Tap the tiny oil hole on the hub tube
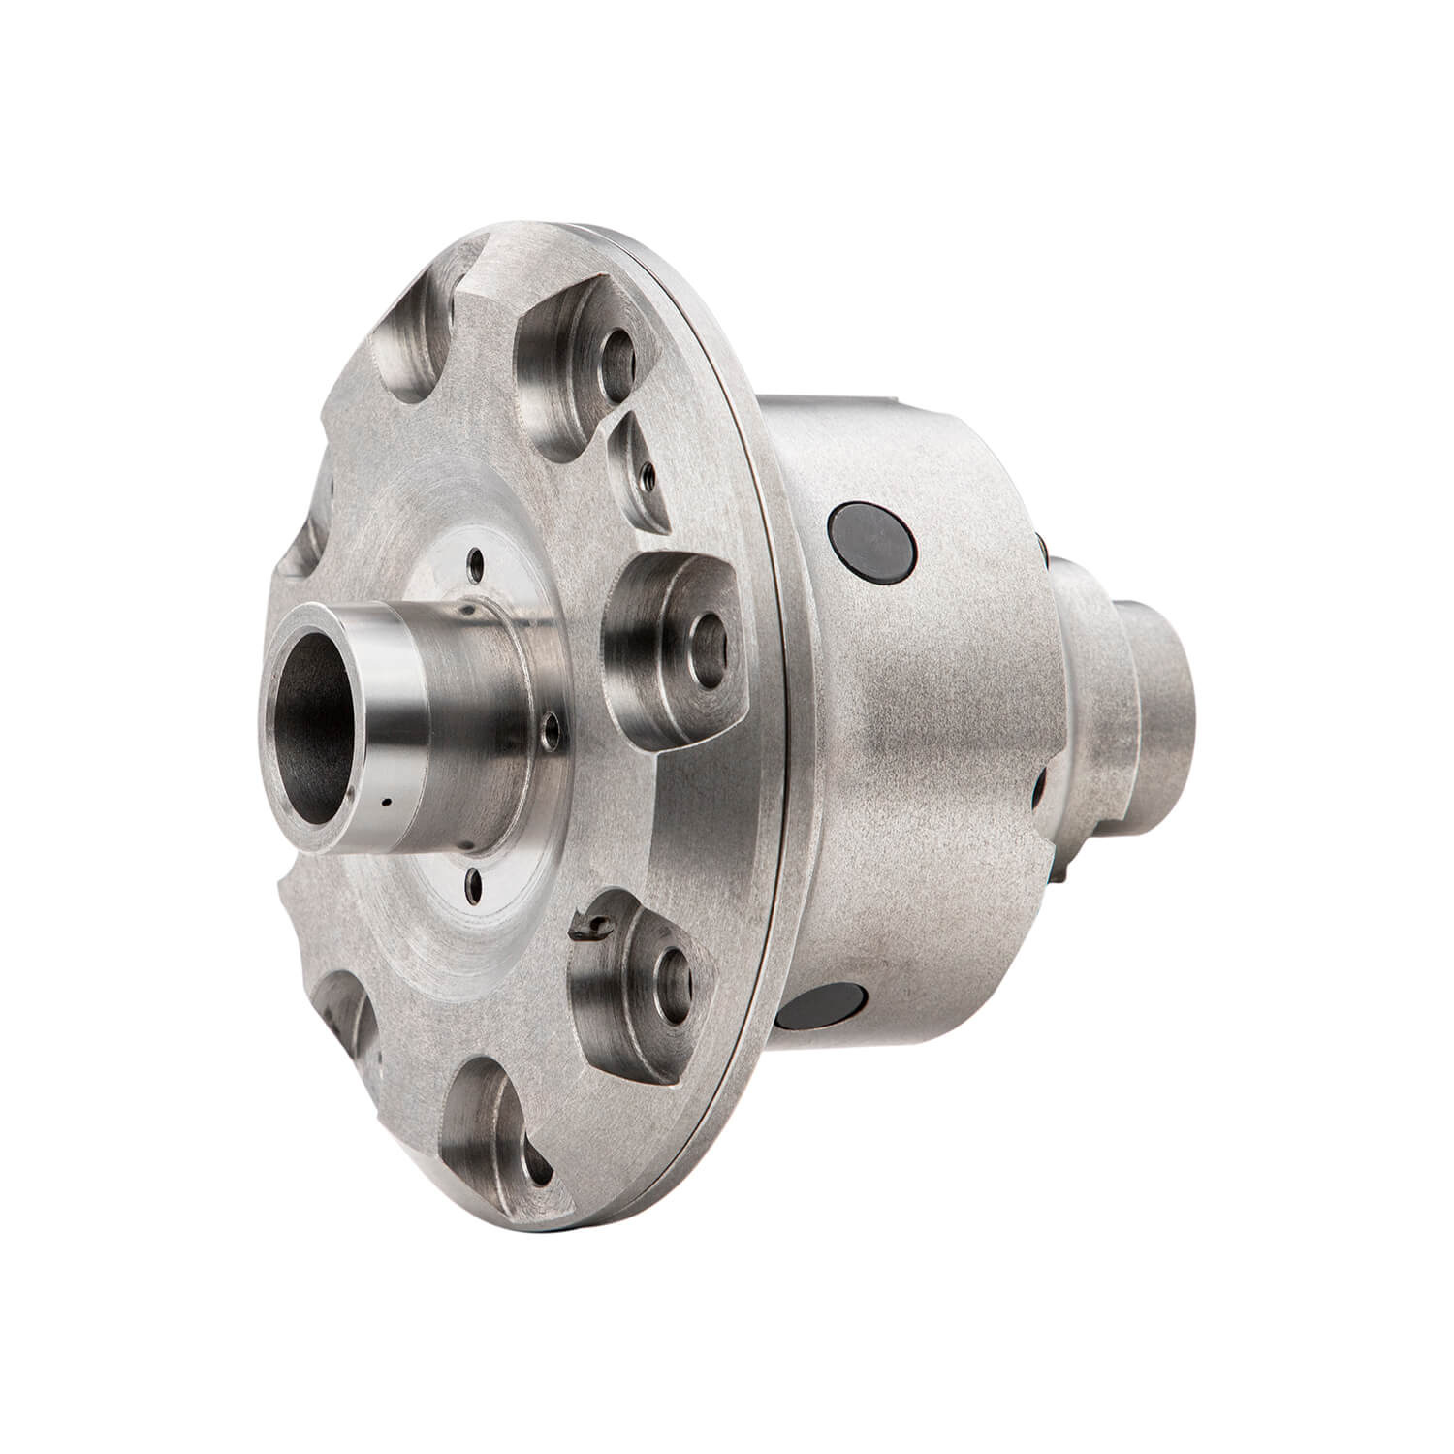pos(386,803)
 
